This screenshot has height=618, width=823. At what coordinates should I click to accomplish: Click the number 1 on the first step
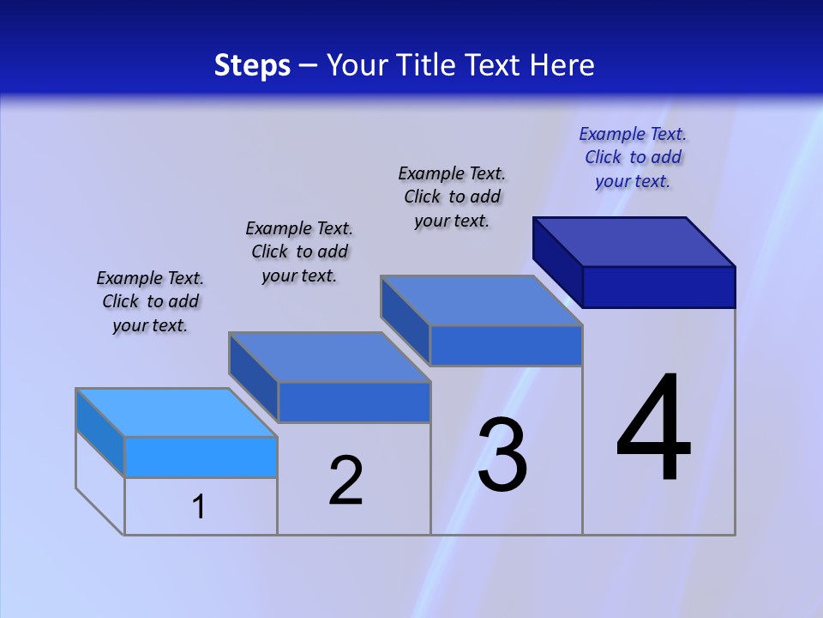pos(199,506)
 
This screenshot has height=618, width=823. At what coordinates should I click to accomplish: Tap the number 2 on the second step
pos(346,481)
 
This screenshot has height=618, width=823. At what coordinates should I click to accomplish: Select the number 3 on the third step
pos(502,455)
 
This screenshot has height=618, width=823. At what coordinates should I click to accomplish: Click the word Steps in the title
pos(252,65)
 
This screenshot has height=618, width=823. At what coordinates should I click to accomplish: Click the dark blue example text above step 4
pos(633,157)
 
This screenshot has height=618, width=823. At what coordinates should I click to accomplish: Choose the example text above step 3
pos(452,197)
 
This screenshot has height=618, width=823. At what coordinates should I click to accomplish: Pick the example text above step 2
pos(299,251)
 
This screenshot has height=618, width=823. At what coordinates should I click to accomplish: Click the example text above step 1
pos(150,301)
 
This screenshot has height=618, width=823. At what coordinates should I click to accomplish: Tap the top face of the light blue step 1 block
pos(177,412)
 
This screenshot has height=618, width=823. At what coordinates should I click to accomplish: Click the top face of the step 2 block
pos(329,357)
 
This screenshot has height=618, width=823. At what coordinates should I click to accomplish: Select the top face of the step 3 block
pos(482,300)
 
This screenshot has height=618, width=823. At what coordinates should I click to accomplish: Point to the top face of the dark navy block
pos(634,241)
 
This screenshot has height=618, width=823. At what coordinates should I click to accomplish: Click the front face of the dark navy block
pos(658,287)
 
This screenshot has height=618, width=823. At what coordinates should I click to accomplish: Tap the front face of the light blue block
pos(201,457)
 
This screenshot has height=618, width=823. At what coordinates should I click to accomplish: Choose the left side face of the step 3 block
pos(405,319)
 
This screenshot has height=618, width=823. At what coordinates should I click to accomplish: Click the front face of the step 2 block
pos(354,402)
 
